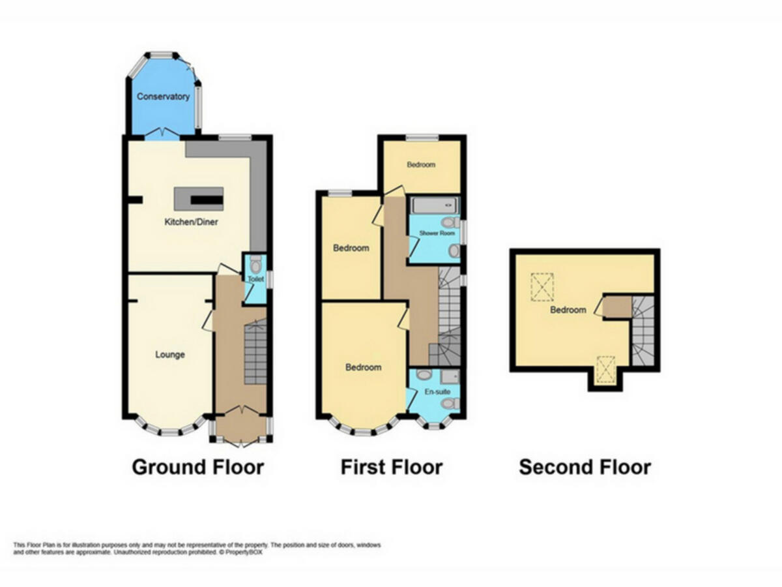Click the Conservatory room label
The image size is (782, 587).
tap(163, 97)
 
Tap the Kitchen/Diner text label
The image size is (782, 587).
tap(191, 222)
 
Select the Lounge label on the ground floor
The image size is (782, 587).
tap(170, 355)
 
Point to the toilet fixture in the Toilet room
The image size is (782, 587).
tap(255, 264)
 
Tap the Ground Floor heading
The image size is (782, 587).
tap(197, 467)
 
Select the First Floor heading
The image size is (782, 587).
tap(391, 467)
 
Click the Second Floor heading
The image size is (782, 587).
tap(585, 467)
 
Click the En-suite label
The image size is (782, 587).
tap(434, 393)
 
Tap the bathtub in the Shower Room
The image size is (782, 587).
tap(434, 206)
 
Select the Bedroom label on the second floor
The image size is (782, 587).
tap(568, 310)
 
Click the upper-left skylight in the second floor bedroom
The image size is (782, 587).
tap(542, 286)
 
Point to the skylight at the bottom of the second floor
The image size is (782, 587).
tap(605, 369)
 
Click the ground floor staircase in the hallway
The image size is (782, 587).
tap(255, 355)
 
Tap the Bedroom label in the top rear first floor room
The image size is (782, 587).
tap(421, 164)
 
